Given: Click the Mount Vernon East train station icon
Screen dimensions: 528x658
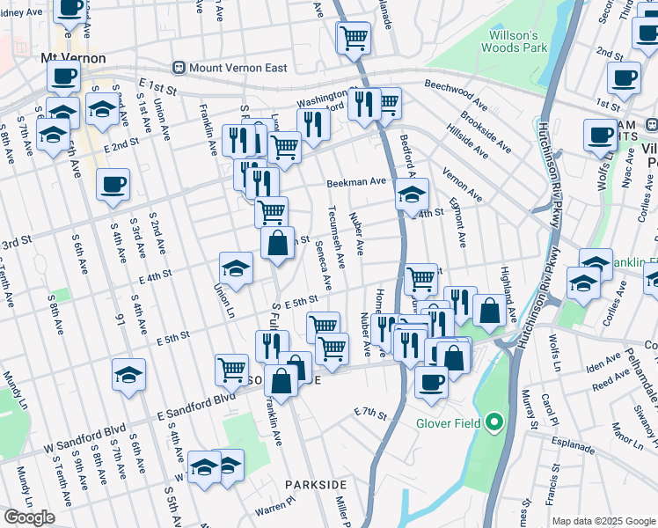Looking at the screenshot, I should pyautogui.click(x=179, y=67).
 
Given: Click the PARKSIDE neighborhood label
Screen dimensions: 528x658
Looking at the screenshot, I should pyautogui.click(x=315, y=485).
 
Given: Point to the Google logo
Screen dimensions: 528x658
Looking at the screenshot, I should pyautogui.click(x=29, y=517).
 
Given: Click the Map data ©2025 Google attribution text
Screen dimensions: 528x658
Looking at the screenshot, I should pyautogui.click(x=603, y=521).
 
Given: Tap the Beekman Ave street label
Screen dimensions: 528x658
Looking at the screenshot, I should pyautogui.click(x=356, y=182).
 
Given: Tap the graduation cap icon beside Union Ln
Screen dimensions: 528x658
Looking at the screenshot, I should pyautogui.click(x=236, y=268).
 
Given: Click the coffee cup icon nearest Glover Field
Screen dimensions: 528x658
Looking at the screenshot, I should pyautogui.click(x=431, y=381).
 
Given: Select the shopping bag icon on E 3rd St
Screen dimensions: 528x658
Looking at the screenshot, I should pyautogui.click(x=277, y=243).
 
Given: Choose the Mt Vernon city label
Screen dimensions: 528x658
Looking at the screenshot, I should pyautogui.click(x=74, y=58).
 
